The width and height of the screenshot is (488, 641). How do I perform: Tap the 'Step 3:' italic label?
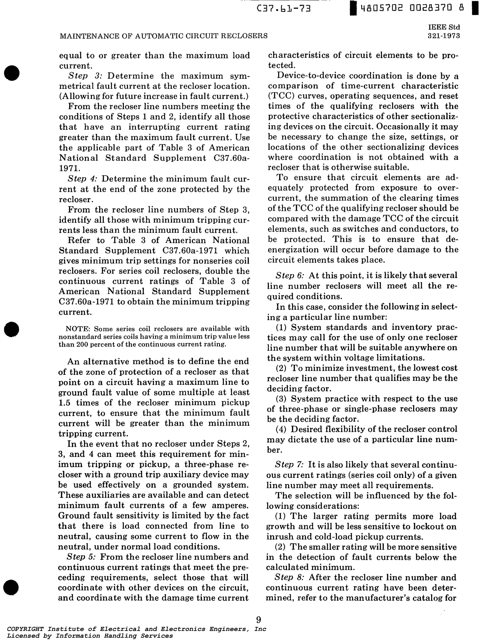click(x=85, y=76)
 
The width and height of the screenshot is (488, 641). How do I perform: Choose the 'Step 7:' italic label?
click(x=289, y=465)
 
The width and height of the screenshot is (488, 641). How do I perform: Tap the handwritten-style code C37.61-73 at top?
click(x=284, y=9)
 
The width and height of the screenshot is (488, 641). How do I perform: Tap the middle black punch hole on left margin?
click(x=12, y=329)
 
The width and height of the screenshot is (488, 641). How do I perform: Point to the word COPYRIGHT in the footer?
click(x=25, y=629)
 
